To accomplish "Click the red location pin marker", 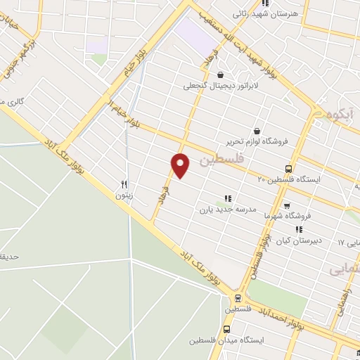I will pos(181,165).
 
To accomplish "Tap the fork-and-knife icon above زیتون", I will pos(124,184).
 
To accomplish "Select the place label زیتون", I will pos(124,196).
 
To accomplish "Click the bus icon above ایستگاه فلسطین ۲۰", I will pos(289,169).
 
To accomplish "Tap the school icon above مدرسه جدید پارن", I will pos(226,198).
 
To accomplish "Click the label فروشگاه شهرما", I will pos(286,217).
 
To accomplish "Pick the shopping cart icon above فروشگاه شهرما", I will pos(307,207).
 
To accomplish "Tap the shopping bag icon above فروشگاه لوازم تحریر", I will pos(255,131).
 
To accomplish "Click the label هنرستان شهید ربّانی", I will pos(265,13).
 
